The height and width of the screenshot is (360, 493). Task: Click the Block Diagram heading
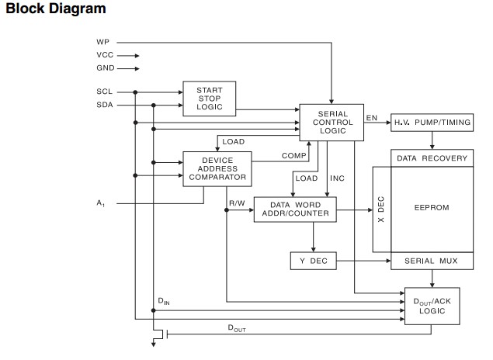55,9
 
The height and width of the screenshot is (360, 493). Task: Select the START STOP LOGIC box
210,98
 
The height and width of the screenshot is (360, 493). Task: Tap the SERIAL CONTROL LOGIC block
332,122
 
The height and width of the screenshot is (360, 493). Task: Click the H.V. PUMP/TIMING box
431,123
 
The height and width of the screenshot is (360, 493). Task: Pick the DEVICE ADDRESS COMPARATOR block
217,168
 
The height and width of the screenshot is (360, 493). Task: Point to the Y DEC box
314,261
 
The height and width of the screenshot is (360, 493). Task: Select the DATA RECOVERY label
432,158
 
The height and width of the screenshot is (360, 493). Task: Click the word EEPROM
432,208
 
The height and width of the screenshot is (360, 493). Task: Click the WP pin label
102,41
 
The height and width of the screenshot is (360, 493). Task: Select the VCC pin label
105,55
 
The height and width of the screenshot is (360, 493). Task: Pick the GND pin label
105,68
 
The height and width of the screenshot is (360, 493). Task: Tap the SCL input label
105,92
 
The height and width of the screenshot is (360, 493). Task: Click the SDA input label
105,105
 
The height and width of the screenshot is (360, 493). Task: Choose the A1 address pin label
101,203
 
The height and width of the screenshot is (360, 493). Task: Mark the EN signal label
372,119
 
